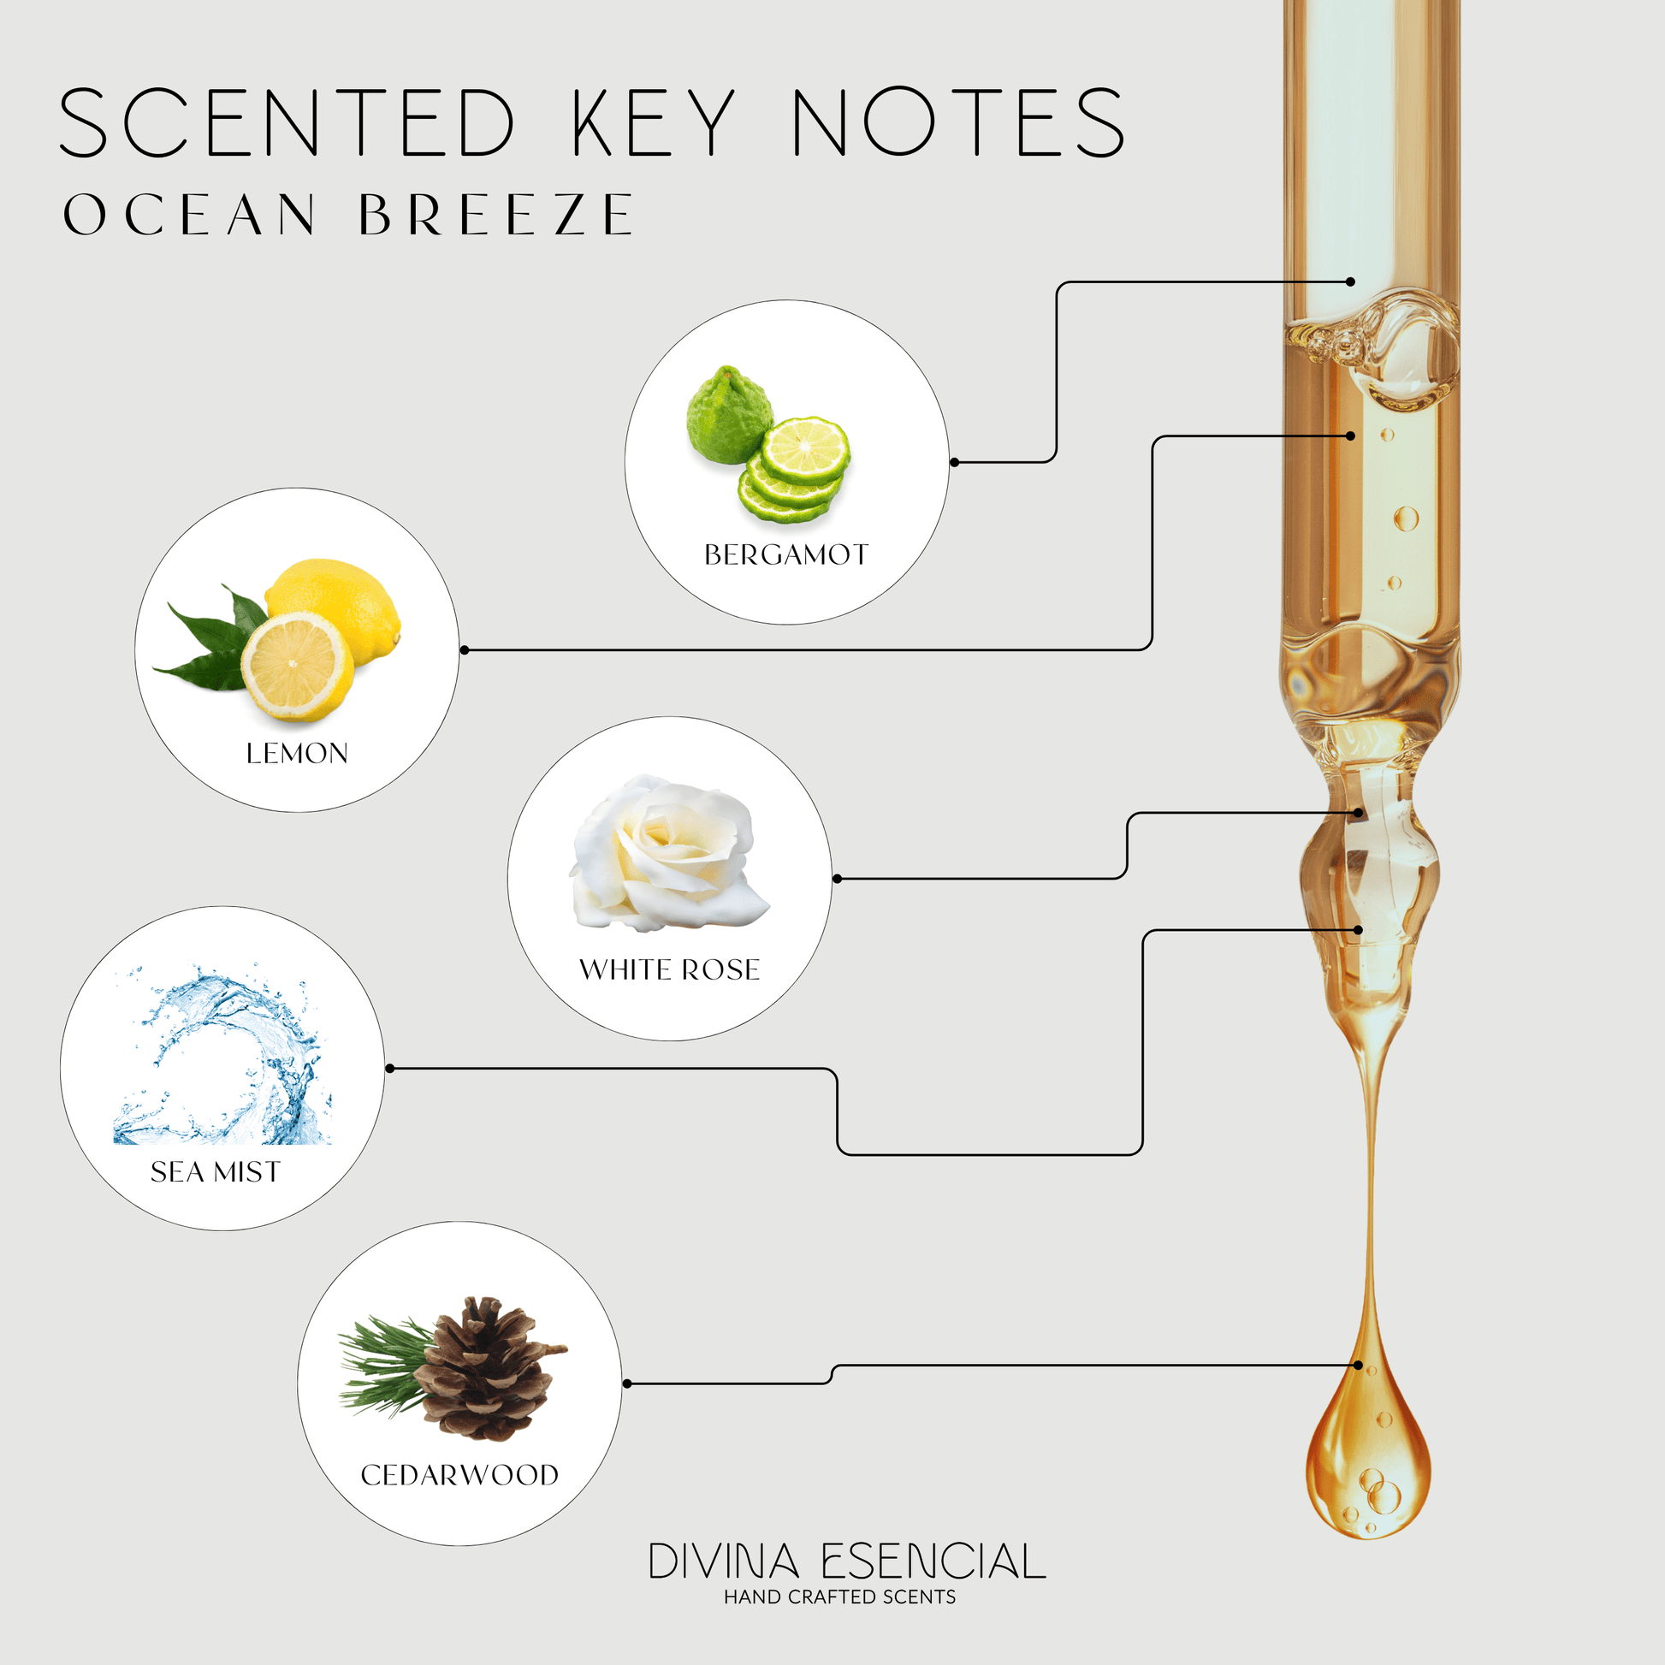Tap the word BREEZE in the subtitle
click(497, 214)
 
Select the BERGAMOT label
click(786, 555)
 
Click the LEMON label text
click(298, 753)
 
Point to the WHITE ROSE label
click(670, 969)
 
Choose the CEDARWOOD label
click(459, 1474)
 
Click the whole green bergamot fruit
click(729, 415)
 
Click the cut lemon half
click(296, 667)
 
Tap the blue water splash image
click(222, 1054)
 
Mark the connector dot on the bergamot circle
click(954, 463)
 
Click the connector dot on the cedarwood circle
click(626, 1384)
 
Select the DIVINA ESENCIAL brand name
click(847, 1561)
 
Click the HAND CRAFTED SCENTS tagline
click(839, 1597)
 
